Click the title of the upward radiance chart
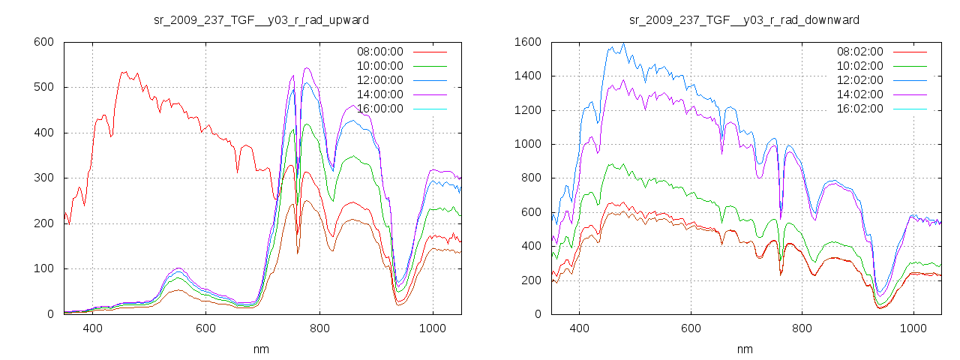tap(261, 19)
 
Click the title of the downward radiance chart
tap(744, 19)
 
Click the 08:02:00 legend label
tap(859, 52)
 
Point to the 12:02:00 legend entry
tap(859, 80)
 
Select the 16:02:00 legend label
tap(859, 109)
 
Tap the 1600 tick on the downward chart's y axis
tap(527, 42)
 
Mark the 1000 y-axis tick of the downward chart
tap(527, 144)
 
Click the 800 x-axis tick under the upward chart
tap(319, 328)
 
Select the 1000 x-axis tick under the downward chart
tap(913, 328)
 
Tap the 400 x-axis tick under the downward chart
tap(579, 328)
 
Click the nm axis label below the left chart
tap(262, 349)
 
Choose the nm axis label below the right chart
tap(745, 349)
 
